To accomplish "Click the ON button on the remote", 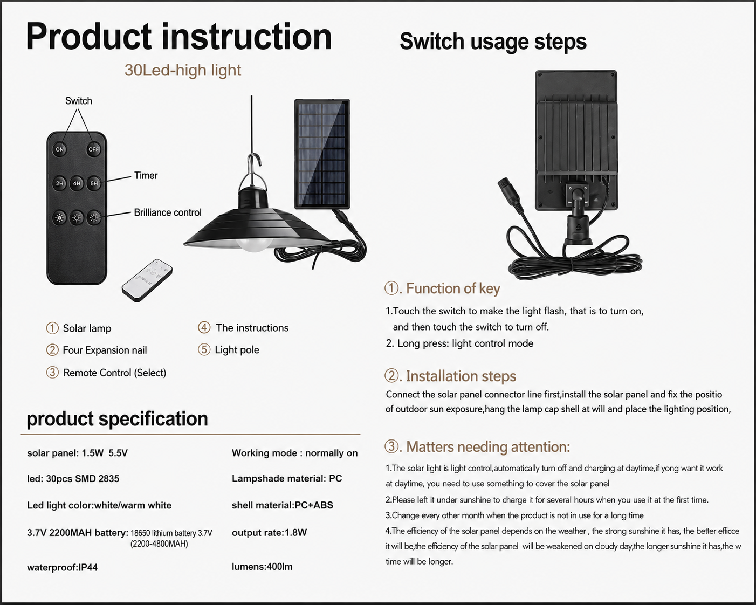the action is [60, 149].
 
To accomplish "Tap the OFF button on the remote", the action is [93, 149].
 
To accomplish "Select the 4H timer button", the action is [77, 183].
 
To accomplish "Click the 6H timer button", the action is [94, 183].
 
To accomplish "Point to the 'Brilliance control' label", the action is [168, 212].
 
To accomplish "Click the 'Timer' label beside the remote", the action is [146, 175].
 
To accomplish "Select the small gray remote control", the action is [147, 280].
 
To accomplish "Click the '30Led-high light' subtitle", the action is [183, 70].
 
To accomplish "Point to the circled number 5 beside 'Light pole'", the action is [204, 349].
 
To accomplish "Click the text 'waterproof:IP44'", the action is [62, 567].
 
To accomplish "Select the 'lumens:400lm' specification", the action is [262, 566].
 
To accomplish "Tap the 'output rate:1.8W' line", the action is [269, 532].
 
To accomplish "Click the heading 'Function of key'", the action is [453, 288].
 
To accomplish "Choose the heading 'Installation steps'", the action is [461, 376].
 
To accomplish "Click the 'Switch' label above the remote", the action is [79, 101].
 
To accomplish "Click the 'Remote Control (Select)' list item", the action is [114, 373].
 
